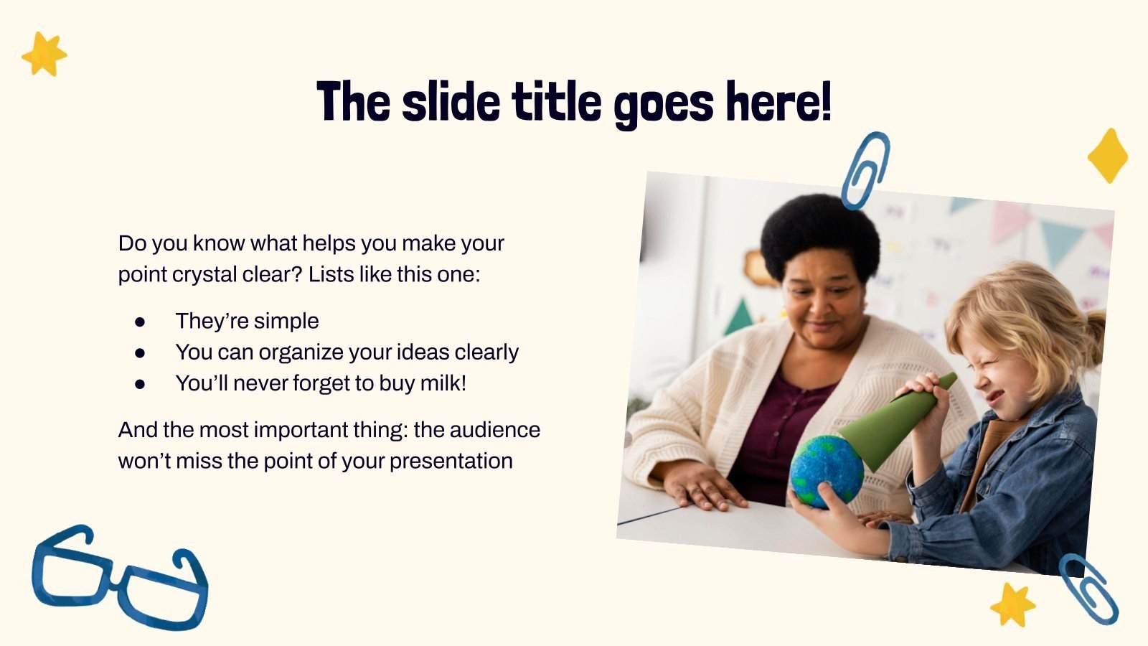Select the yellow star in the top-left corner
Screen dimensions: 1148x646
pos(44,54)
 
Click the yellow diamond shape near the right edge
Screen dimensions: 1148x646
pos(1108,156)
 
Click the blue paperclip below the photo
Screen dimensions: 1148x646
pos(1089,589)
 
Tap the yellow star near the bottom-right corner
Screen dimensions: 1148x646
pos(1012,605)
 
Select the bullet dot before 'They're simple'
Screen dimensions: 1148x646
pos(140,322)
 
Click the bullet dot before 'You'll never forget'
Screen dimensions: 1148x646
pos(140,384)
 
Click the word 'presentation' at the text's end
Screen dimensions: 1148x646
pos(451,462)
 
